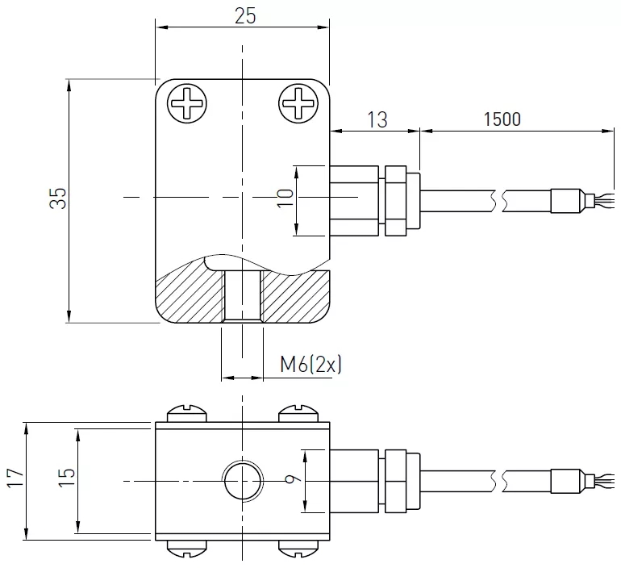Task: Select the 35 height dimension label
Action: pyautogui.click(x=57, y=199)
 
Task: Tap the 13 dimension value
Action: pyautogui.click(x=377, y=119)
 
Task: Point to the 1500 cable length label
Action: pyautogui.click(x=502, y=119)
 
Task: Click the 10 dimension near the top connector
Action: pyautogui.click(x=285, y=200)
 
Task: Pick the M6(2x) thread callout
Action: pyautogui.click(x=311, y=365)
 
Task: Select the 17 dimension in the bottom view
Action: pyautogui.click(x=14, y=481)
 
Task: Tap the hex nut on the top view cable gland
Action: pyautogui.click(x=396, y=201)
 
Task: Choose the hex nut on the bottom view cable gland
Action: pyautogui.click(x=396, y=481)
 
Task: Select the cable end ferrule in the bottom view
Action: pyautogui.click(x=566, y=481)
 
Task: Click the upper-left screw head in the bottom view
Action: pyautogui.click(x=187, y=415)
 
